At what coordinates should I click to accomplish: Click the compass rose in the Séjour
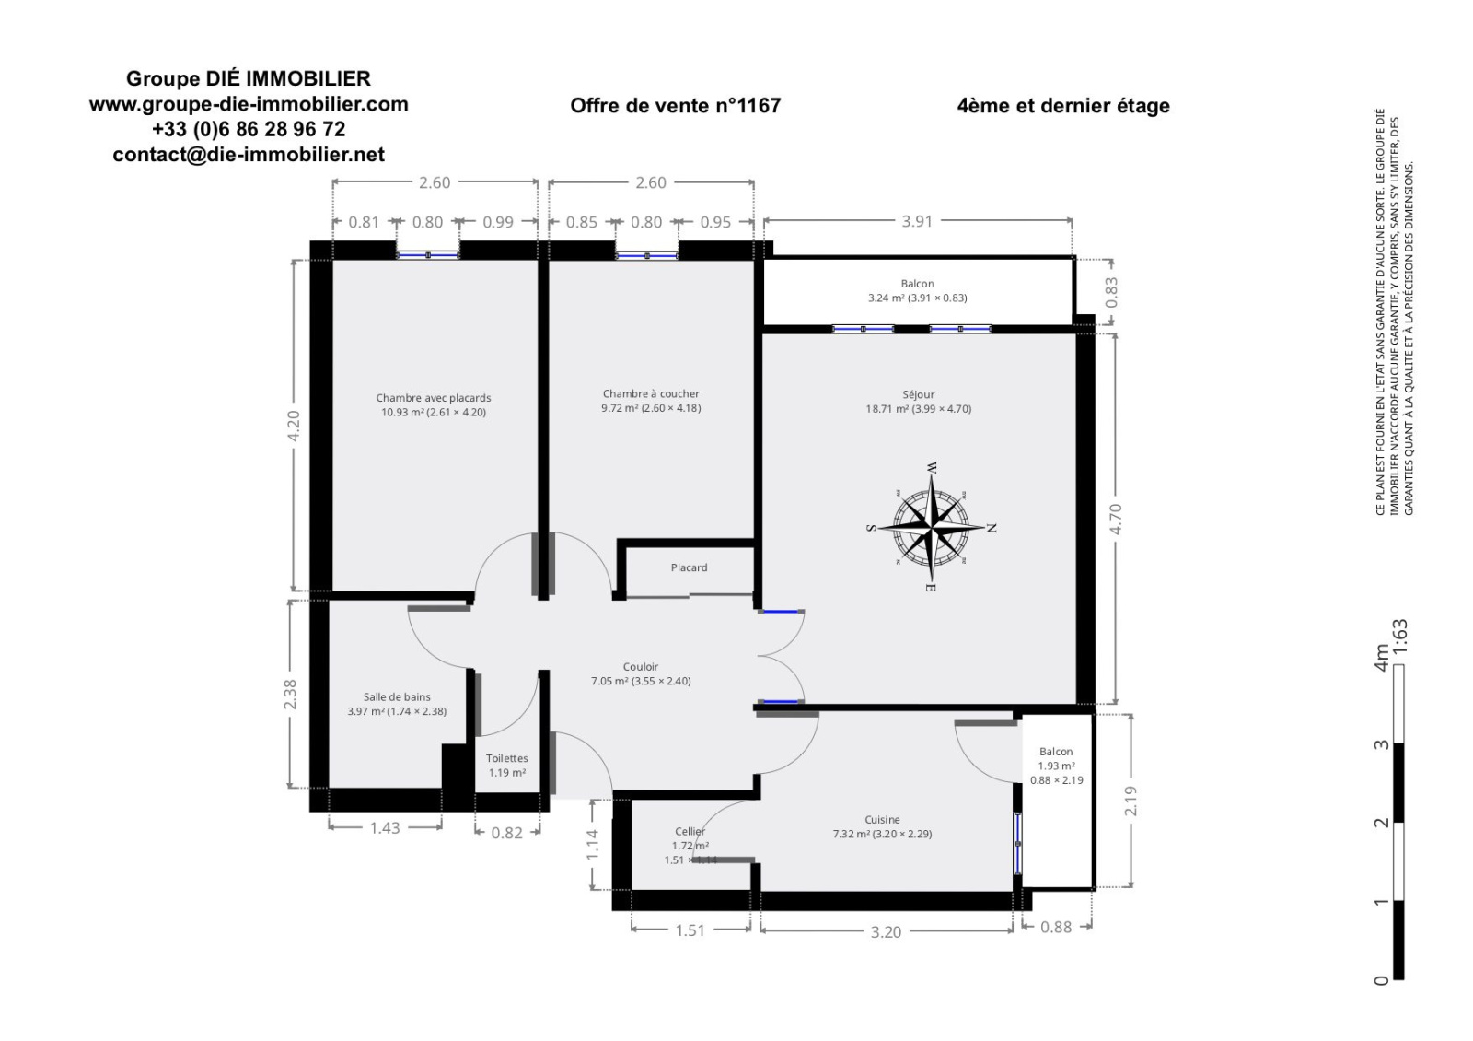point(932,527)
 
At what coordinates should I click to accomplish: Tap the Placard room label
point(689,567)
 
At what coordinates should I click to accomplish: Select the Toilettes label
point(506,758)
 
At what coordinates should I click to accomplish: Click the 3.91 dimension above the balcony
point(917,221)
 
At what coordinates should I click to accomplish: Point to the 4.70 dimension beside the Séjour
point(1115,519)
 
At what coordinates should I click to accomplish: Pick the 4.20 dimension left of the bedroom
point(294,426)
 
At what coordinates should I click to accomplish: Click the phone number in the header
point(249,129)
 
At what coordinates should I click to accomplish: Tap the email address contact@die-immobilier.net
point(249,154)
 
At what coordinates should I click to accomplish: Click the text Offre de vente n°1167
point(676,105)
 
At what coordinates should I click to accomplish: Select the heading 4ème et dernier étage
point(1063,105)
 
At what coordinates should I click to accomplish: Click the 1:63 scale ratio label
point(1400,637)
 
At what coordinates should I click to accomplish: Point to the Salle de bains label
point(397,696)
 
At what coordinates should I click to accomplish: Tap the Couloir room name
point(641,667)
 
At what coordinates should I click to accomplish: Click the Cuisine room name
point(882,819)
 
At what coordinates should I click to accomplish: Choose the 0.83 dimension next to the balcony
point(1111,292)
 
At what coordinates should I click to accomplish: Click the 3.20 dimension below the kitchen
point(886,931)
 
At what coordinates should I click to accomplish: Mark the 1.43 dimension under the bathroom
point(385,828)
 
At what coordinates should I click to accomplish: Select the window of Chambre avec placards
point(427,254)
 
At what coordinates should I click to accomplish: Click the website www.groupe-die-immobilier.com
point(249,104)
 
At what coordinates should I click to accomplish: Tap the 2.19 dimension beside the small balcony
point(1131,801)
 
